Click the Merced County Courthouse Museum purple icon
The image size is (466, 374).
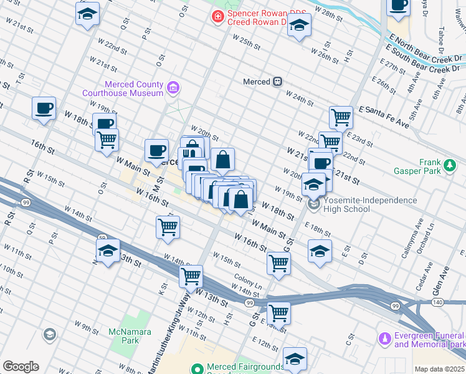(174, 89)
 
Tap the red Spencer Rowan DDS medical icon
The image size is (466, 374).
(217, 16)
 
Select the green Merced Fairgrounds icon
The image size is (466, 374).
(197, 368)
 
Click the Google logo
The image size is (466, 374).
(21, 367)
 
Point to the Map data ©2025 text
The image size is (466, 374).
(439, 369)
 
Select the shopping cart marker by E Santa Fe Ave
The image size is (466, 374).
(341, 117)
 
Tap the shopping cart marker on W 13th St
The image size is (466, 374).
(191, 276)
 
